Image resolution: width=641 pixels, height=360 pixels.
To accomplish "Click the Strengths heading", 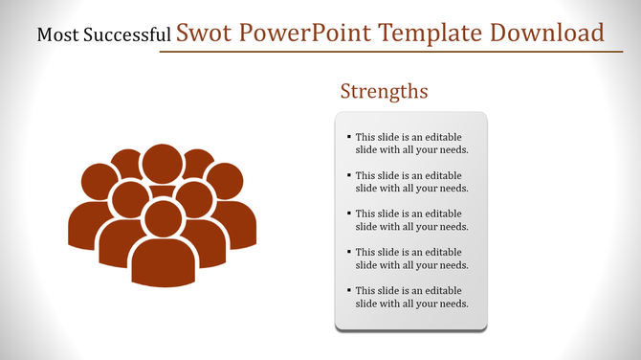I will coord(384,92).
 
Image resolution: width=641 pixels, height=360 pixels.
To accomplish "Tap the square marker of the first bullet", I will coord(348,137).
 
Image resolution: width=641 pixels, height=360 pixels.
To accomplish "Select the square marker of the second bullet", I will coord(348,175).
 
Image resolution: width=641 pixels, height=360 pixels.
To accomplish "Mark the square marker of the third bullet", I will coord(348,214).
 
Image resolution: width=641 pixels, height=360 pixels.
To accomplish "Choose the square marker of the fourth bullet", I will coord(348,252).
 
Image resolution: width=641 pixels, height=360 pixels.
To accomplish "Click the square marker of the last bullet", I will coord(348,290).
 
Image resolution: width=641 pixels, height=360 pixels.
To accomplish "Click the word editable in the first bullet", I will coord(443,137).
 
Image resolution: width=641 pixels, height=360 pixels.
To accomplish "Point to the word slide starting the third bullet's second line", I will coord(368,227).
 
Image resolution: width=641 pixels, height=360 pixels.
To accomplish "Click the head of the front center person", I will coord(163,216).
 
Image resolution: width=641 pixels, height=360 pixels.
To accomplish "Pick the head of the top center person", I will coord(162,163).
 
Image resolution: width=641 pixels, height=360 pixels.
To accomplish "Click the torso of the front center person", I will coord(163,263).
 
